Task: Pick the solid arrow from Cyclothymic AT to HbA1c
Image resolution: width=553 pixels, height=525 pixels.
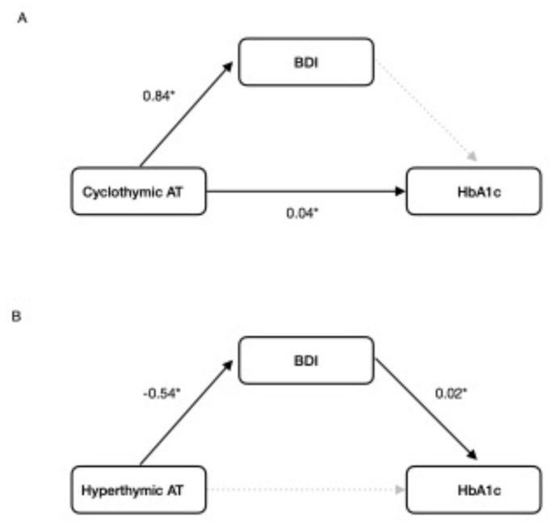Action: coord(307,191)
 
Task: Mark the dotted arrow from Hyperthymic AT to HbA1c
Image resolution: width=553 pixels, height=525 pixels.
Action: coord(307,489)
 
